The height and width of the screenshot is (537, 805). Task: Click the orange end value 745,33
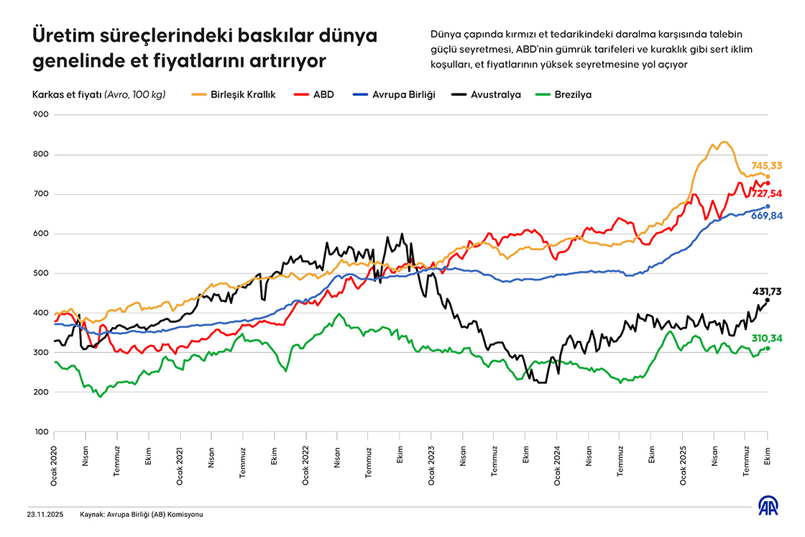tap(767, 166)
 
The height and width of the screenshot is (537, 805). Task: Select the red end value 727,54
tap(767, 193)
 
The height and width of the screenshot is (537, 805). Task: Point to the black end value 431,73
tap(767, 290)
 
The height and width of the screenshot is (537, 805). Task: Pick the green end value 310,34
tap(767, 338)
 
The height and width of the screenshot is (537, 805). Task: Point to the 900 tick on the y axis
tap(40, 114)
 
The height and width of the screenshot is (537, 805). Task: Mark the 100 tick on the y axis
tap(40, 432)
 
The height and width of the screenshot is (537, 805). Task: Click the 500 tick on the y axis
tap(40, 273)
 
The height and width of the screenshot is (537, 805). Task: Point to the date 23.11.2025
tap(45, 515)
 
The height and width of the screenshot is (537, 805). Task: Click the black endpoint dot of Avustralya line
tap(768, 300)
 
